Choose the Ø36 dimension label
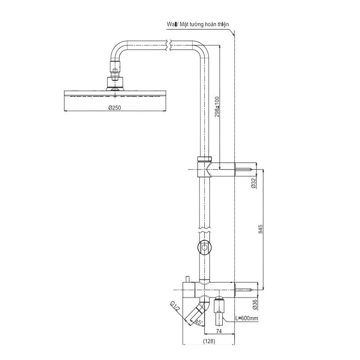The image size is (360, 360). pos(255,305)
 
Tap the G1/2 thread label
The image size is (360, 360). pos(175,307)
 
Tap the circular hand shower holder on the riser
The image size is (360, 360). pos(205,247)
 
